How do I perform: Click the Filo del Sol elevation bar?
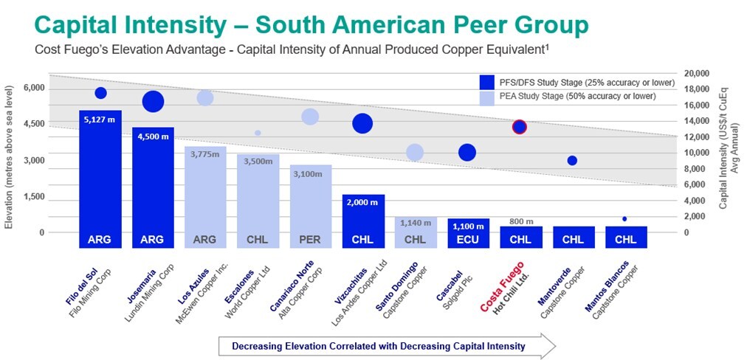tap(100, 177)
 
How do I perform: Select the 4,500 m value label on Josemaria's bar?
tap(153, 135)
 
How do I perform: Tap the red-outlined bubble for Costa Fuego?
tap(520, 127)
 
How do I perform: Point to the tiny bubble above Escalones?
tap(258, 133)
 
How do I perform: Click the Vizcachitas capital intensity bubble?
tap(362, 123)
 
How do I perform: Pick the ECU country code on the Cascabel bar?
tap(468, 239)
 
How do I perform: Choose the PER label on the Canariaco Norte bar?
tap(310, 239)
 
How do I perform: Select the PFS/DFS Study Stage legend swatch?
tap(486, 82)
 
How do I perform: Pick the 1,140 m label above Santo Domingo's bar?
tap(415, 222)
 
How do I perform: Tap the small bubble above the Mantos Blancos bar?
tap(624, 219)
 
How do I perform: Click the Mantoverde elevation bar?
tap(573, 237)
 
